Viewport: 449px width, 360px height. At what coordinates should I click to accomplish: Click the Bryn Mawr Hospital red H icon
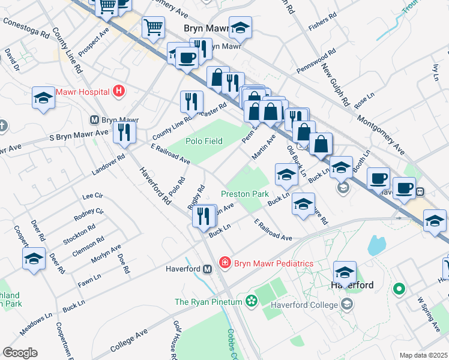(119, 91)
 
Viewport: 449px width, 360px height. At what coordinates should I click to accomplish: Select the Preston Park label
(244, 194)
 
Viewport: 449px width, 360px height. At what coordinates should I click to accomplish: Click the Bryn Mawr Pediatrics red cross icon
(224, 263)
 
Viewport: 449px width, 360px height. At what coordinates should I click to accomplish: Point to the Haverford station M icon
(207, 269)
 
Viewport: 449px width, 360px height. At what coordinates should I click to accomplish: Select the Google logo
(20, 353)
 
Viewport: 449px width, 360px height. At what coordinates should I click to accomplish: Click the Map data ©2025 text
(423, 355)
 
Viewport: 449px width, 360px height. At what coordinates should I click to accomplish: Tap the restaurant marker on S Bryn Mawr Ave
(124, 132)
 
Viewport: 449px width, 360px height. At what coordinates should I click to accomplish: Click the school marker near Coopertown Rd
(34, 260)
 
